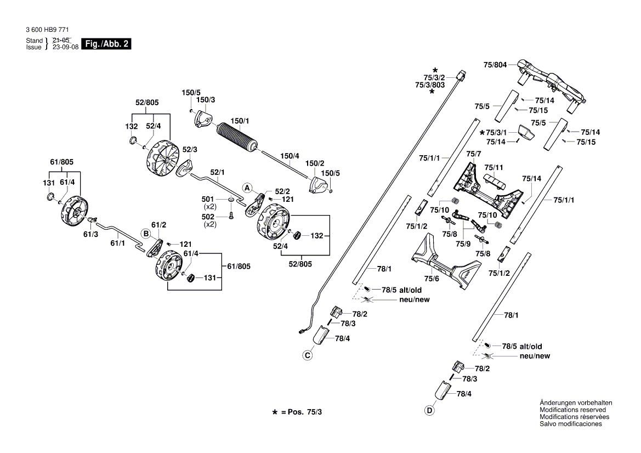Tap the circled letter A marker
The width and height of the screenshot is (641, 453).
coord(247,188)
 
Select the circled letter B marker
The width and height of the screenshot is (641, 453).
coord(146,233)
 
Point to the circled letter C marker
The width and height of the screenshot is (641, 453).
coord(308,356)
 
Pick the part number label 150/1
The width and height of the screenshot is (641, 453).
coord(239,121)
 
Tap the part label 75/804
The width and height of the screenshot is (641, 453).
coord(495,65)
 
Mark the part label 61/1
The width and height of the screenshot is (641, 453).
coord(118,242)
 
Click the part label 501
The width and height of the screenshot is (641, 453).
coord(208,199)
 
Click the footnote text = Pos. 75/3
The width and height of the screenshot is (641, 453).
coord(301,411)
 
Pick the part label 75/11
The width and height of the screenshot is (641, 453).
coord(493,167)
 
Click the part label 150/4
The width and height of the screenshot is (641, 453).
coord(290,155)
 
